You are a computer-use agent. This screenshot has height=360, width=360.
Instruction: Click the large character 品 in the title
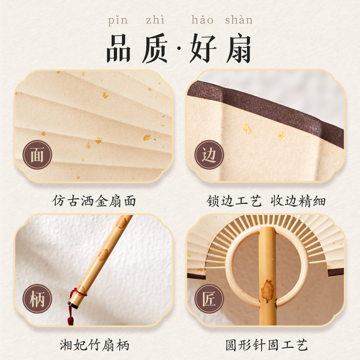pyautogui.click(x=119, y=48)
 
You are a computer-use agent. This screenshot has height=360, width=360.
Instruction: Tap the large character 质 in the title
pyautogui.click(x=159, y=48)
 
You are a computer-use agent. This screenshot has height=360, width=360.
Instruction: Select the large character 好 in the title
pyautogui.click(x=203, y=48)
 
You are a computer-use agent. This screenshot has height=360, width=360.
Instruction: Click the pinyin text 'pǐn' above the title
pyautogui.click(x=117, y=20)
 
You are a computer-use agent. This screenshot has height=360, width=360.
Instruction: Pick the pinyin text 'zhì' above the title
pyautogui.click(x=155, y=20)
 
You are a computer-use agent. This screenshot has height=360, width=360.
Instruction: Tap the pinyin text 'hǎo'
pyautogui.click(x=202, y=20)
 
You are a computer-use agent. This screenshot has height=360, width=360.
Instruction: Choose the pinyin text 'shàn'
pyautogui.click(x=238, y=20)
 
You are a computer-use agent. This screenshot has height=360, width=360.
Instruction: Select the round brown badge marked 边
pyautogui.click(x=209, y=155)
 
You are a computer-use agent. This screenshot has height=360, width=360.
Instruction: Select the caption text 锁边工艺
pyautogui.click(x=234, y=200)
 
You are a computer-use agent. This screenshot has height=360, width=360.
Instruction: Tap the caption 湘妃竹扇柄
pyautogui.click(x=94, y=345)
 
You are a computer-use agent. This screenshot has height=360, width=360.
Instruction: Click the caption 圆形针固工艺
pyautogui.click(x=266, y=345)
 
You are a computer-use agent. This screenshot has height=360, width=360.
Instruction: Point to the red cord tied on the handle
pyautogui.click(x=79, y=292)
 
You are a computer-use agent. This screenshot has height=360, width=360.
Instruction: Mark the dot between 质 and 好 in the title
pyautogui.click(x=181, y=49)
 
